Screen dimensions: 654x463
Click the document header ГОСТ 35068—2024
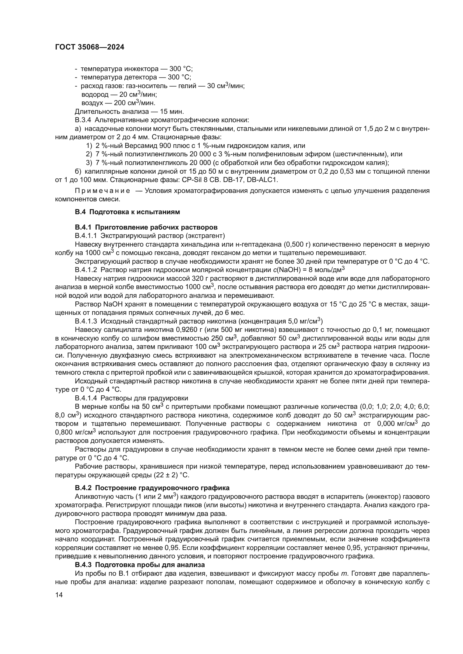[x=90, y=47]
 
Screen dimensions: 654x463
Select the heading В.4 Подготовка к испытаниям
[x=127, y=212]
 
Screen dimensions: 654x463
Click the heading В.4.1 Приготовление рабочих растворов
[x=146, y=227]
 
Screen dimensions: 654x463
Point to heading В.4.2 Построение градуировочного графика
[x=152, y=488]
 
